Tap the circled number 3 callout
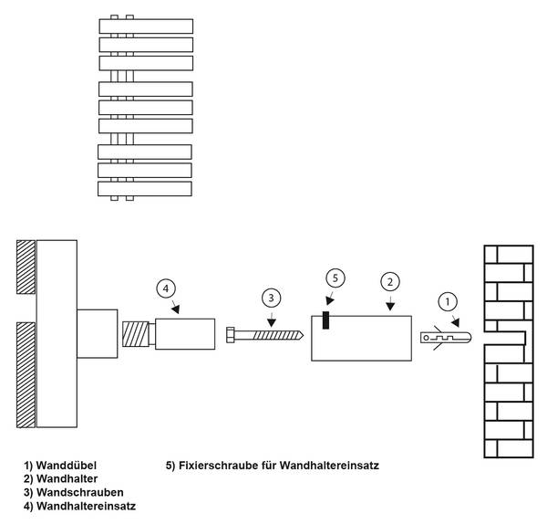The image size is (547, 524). (271, 298)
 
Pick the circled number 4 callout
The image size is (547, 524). (165, 290)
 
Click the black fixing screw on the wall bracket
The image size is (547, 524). (325, 319)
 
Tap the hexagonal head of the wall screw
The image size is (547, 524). (232, 334)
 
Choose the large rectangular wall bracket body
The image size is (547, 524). (361, 337)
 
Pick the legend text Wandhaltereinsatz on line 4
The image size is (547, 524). (90, 505)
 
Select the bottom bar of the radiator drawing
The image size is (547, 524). (145, 188)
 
